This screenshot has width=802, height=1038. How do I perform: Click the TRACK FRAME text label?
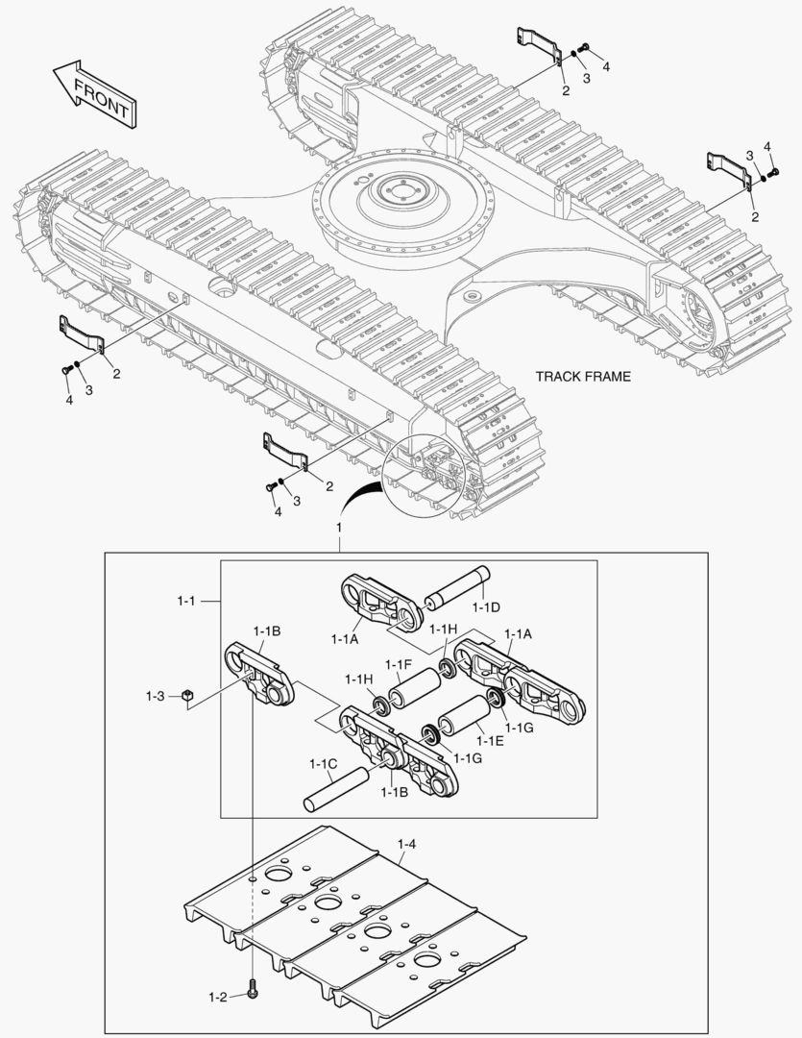pyautogui.click(x=583, y=376)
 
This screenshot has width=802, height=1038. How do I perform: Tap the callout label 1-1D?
pyautogui.click(x=486, y=606)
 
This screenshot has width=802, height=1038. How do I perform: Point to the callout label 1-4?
pyautogui.click(x=406, y=844)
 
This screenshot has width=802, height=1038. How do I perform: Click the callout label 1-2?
pyautogui.click(x=216, y=997)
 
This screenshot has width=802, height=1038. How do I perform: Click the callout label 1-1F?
pyautogui.click(x=399, y=664)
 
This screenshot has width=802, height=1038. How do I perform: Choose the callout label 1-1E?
pyautogui.click(x=490, y=741)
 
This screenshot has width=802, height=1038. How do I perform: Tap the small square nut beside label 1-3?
pyautogui.click(x=188, y=694)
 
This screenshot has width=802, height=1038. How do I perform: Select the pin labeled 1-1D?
pyautogui.click(x=459, y=588)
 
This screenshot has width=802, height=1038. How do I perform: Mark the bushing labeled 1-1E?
pyautogui.click(x=464, y=720)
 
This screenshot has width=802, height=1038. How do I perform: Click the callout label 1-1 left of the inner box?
pyautogui.click(x=186, y=601)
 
